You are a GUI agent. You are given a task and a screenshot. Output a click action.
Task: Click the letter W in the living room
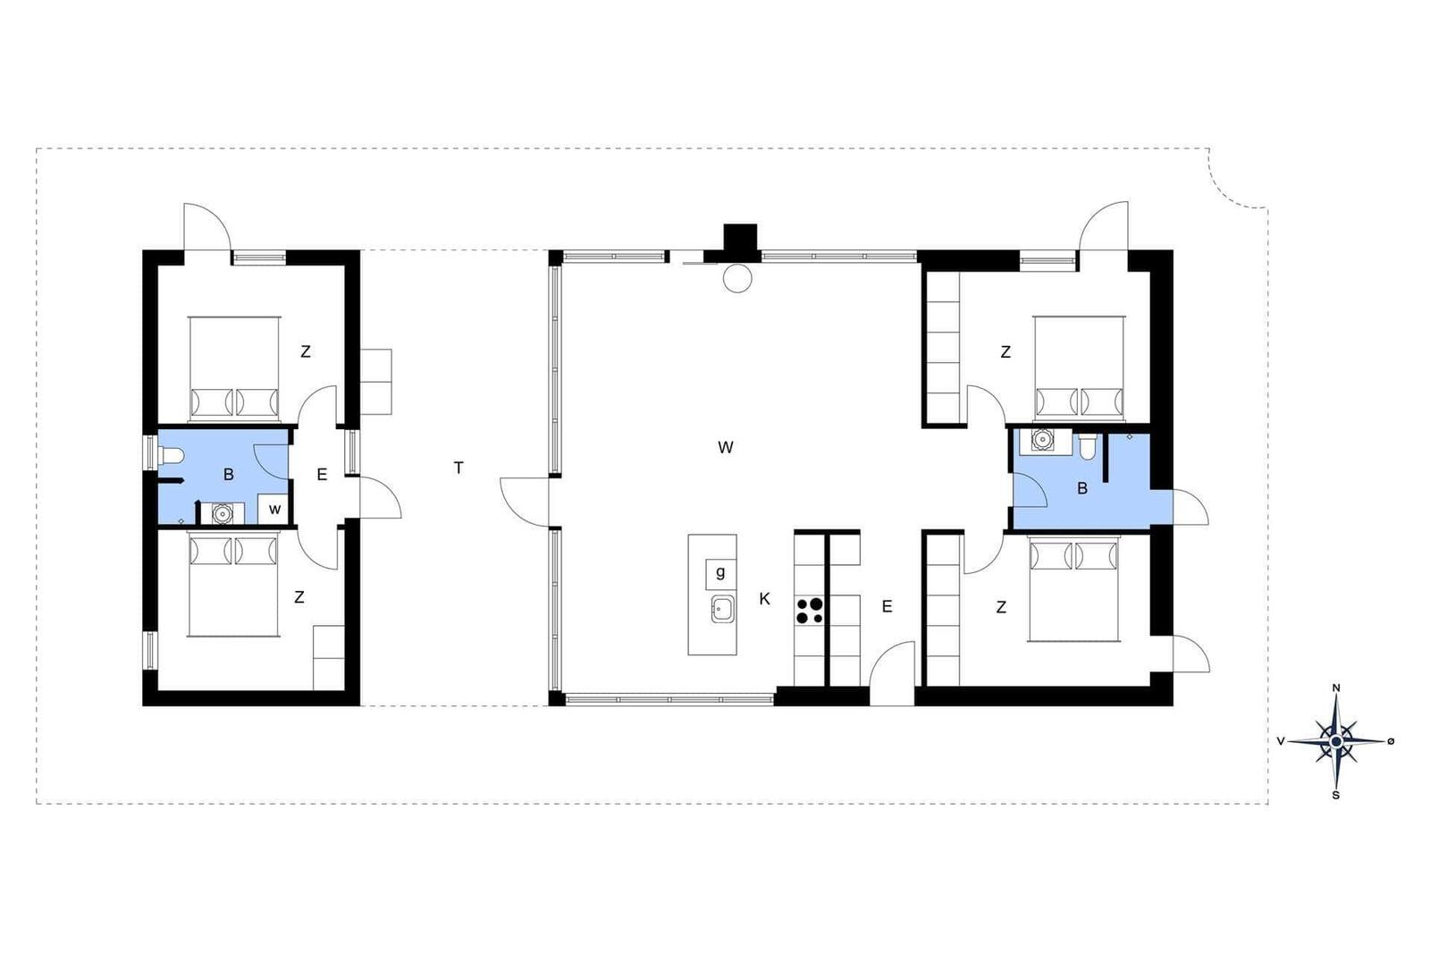tap(725, 448)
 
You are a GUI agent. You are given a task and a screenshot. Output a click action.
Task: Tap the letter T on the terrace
tap(458, 469)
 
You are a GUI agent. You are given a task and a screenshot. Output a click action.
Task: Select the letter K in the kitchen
tap(765, 599)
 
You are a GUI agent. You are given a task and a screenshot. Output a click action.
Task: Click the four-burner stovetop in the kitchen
tap(809, 610)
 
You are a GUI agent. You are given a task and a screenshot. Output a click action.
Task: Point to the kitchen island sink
tap(723, 609)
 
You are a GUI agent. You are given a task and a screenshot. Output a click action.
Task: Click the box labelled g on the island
tap(720, 573)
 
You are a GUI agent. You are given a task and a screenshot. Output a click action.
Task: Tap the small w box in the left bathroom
tap(274, 509)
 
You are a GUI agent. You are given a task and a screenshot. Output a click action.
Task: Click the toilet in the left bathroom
tap(171, 455)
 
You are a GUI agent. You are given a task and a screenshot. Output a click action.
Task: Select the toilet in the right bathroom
tap(1087, 447)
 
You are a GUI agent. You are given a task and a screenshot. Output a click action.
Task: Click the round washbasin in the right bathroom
tap(1042, 439)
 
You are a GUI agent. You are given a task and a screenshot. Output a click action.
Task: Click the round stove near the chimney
tap(737, 278)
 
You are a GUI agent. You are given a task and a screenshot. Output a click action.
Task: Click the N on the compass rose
tap(1336, 688)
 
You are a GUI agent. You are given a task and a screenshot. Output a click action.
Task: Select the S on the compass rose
tap(1335, 796)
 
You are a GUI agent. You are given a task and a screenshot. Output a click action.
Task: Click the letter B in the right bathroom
tap(1082, 488)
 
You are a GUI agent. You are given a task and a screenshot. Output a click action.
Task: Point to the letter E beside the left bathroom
tap(322, 475)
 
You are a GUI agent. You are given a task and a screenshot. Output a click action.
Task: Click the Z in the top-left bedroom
tap(305, 351)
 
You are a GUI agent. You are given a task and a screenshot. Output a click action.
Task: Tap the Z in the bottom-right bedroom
tap(1001, 608)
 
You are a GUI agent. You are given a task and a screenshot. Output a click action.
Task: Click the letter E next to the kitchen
tap(887, 606)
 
